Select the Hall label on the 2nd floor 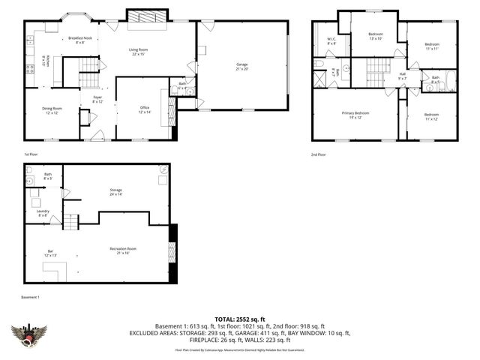[402, 76]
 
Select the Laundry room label [43, 213]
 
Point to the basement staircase [70, 222]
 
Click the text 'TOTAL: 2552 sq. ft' [240, 319]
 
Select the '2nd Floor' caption [319, 154]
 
